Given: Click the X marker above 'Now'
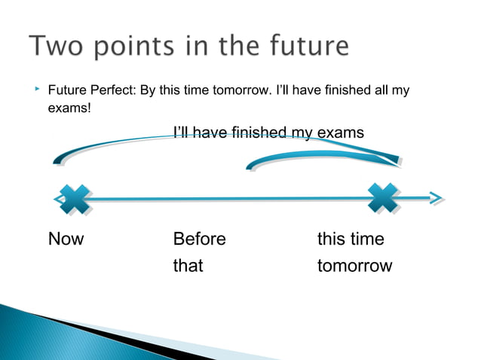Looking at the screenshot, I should click(x=73, y=198).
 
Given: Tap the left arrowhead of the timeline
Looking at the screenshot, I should click(x=59, y=199).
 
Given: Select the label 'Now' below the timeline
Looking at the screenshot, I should click(x=66, y=239).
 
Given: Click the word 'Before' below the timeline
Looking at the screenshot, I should click(x=199, y=239).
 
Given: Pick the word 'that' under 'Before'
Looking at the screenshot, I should click(x=188, y=266).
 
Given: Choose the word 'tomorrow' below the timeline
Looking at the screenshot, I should click(x=354, y=266).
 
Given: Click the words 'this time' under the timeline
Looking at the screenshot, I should click(x=351, y=239).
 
